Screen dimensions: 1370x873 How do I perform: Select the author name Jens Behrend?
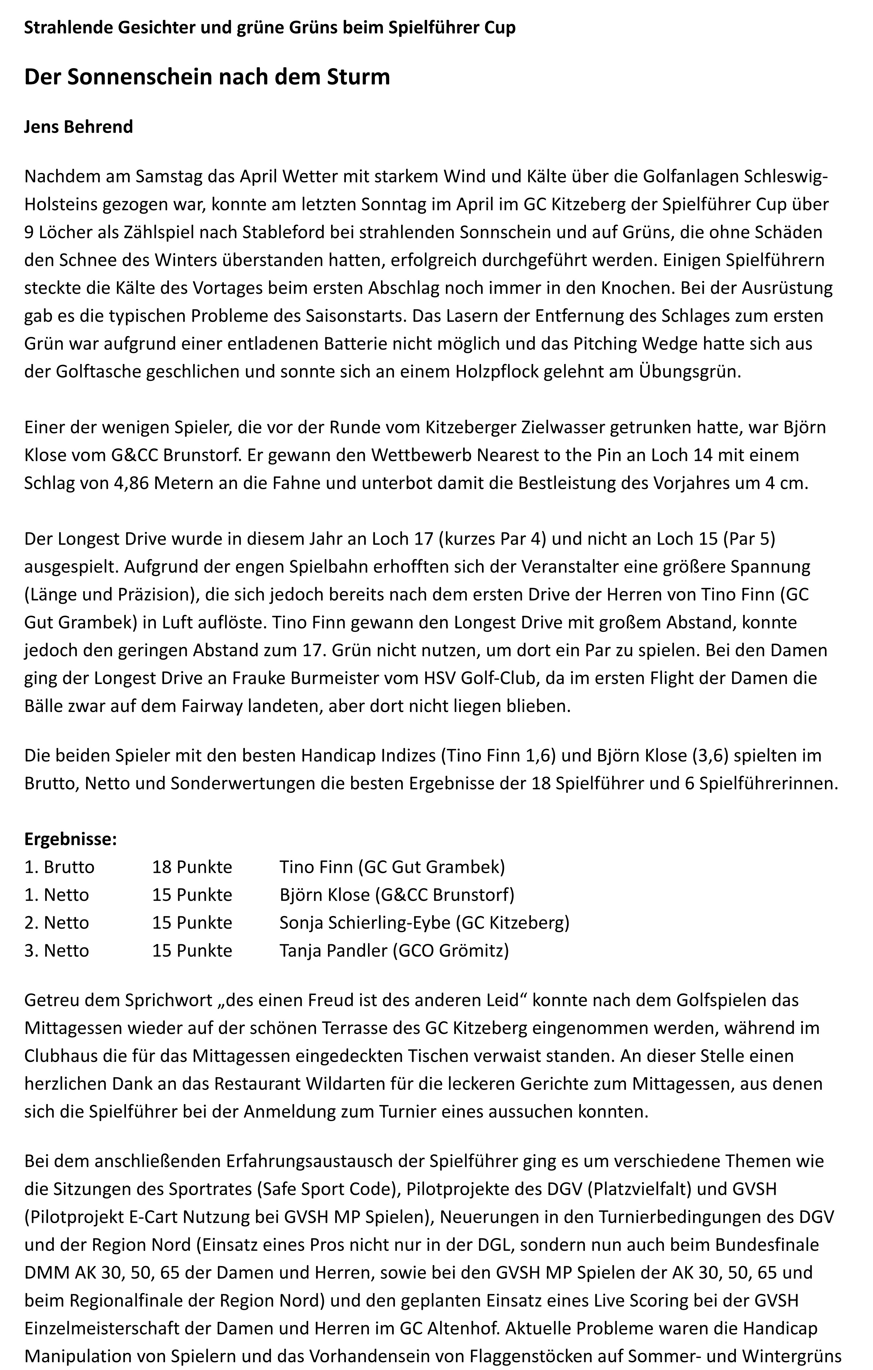[79, 126]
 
